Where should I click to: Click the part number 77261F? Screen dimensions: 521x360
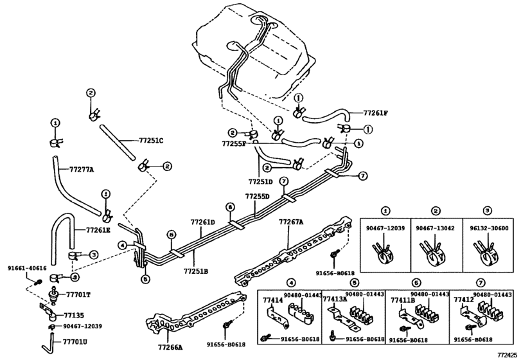tap(375, 113)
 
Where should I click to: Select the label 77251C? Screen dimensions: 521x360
tap(150, 141)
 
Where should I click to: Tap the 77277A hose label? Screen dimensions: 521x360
tap(82, 170)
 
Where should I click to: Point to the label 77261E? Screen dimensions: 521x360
tap(98, 230)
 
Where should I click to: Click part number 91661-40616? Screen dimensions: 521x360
tap(27, 269)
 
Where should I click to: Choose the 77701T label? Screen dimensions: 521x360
tap(78, 294)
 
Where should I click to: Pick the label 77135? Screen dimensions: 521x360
tap(74, 316)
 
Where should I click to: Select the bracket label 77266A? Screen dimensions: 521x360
tap(170, 348)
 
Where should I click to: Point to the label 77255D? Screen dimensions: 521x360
tap(258, 197)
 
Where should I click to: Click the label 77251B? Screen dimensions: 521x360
tap(196, 271)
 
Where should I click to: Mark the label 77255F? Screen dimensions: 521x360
tap(234, 144)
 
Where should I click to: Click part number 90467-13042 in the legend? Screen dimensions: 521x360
tap(436, 228)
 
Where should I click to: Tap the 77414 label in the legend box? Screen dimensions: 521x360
tap(273, 300)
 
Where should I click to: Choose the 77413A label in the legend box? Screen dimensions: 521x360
tap(335, 299)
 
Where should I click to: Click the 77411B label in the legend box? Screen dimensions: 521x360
tap(403, 300)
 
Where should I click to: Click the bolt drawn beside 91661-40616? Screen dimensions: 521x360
tap(39, 283)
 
